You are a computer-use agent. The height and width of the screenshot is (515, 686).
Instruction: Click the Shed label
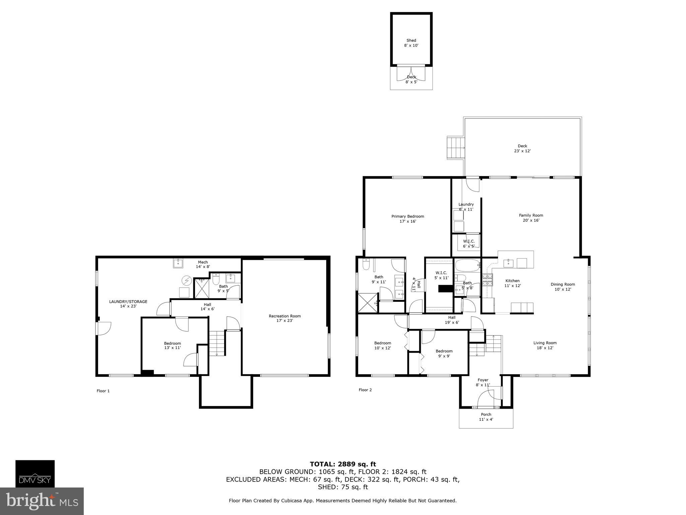pyautogui.click(x=411, y=41)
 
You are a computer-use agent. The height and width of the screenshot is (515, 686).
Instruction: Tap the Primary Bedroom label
pyautogui.click(x=408, y=217)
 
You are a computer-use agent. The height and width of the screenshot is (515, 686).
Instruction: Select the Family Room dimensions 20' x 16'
pyautogui.click(x=531, y=221)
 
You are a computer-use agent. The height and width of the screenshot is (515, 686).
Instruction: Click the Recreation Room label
pyautogui.click(x=285, y=316)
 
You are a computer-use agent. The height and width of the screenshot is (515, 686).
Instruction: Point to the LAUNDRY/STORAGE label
pyautogui.click(x=128, y=302)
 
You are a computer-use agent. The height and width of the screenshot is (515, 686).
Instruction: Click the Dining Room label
pyautogui.click(x=562, y=284)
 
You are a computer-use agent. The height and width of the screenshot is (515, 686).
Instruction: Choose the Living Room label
pyautogui.click(x=545, y=343)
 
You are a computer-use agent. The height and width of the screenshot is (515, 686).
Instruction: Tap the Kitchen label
pyautogui.click(x=512, y=281)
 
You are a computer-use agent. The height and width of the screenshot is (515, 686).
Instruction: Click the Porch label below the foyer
pyautogui.click(x=486, y=414)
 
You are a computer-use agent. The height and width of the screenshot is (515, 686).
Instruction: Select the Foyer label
pyautogui.click(x=483, y=380)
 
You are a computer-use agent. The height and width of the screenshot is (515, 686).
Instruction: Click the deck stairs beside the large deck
pyautogui.click(x=456, y=148)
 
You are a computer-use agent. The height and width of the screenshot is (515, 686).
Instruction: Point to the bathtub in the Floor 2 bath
pyautogui.click(x=468, y=265)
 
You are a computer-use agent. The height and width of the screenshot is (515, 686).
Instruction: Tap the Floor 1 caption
pyautogui.click(x=103, y=391)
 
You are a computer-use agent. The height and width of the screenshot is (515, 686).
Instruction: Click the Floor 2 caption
pyautogui.click(x=365, y=390)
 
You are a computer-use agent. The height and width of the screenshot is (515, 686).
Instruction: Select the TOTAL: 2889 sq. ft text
pyautogui.click(x=343, y=464)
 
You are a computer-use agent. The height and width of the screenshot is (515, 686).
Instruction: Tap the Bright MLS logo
pyautogui.click(x=42, y=501)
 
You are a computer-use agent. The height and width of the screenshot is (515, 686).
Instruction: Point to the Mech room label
pyautogui.click(x=203, y=262)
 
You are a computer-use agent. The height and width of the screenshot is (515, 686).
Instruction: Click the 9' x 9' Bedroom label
pyautogui.click(x=444, y=351)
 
